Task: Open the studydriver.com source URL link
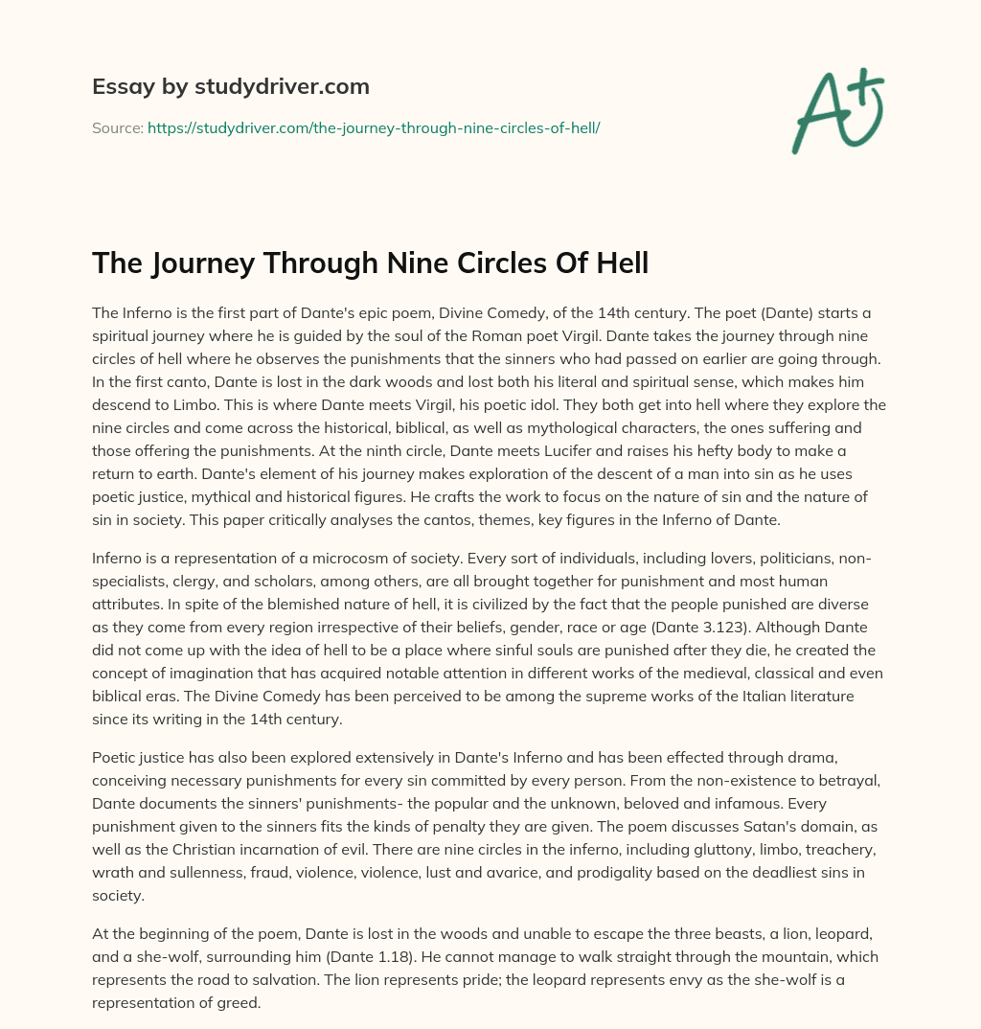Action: (x=374, y=126)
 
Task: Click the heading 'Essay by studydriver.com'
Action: (x=230, y=86)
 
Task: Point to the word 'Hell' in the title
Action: (x=620, y=262)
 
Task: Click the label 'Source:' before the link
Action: (x=117, y=126)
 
